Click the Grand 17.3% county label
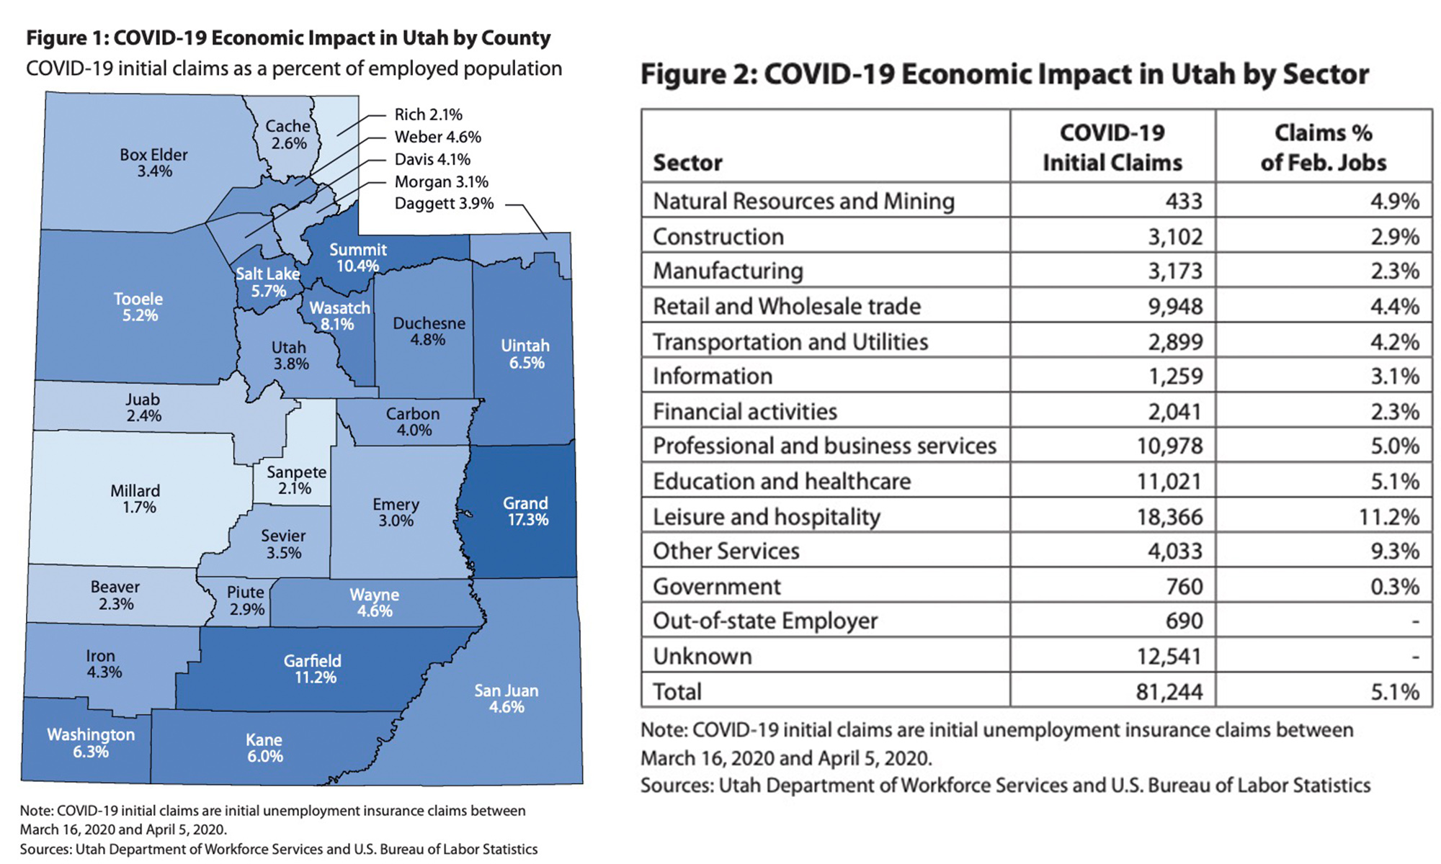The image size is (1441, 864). [x=526, y=511]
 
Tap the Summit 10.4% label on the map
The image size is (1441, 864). [x=358, y=258]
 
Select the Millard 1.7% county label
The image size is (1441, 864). [x=136, y=499]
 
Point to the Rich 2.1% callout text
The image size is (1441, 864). [x=428, y=114]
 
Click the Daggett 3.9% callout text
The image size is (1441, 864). [x=444, y=204]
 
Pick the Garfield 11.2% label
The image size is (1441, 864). [x=313, y=669]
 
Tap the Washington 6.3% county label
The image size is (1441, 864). [x=91, y=743]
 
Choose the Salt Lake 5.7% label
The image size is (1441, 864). [x=268, y=282]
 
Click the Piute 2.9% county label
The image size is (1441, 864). [x=246, y=600]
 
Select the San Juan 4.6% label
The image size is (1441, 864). [x=507, y=698]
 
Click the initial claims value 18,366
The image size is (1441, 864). [x=1169, y=516]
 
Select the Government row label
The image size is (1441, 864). [x=716, y=586]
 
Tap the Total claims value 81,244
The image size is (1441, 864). [x=1169, y=692]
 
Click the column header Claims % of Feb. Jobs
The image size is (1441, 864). [x=1324, y=148]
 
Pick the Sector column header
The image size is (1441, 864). [x=687, y=163]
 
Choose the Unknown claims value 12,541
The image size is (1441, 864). [x=1169, y=657]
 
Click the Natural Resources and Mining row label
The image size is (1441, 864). [x=803, y=201]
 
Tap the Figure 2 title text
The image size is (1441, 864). [x=1004, y=74]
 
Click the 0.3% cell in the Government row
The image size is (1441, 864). [x=1394, y=586]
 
